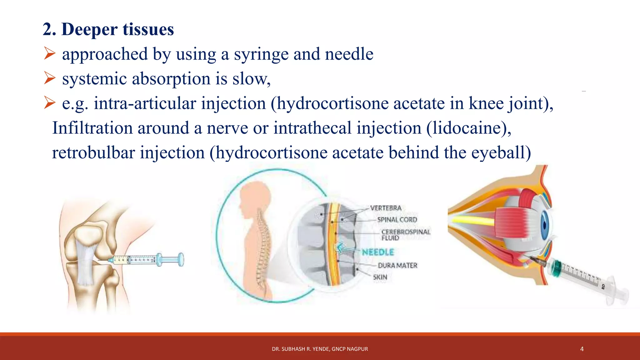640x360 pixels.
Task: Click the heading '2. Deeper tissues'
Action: pyautogui.click(x=108, y=29)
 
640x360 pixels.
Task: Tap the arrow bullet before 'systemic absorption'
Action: pyautogui.click(x=50, y=78)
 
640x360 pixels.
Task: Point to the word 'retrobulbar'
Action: pyautogui.click(x=93, y=153)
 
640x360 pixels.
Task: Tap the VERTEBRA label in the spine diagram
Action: pyautogui.click(x=386, y=208)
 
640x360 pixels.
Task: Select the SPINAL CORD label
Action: pyautogui.click(x=397, y=220)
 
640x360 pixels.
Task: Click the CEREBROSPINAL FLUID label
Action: pyautogui.click(x=405, y=235)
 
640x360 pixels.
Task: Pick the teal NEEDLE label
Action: pyautogui.click(x=378, y=252)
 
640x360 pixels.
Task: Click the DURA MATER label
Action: pyautogui.click(x=397, y=265)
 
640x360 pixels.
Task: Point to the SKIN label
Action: pyautogui.click(x=380, y=277)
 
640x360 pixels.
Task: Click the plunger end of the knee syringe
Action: pyautogui.click(x=181, y=260)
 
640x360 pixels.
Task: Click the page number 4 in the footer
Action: pyautogui.click(x=582, y=349)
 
